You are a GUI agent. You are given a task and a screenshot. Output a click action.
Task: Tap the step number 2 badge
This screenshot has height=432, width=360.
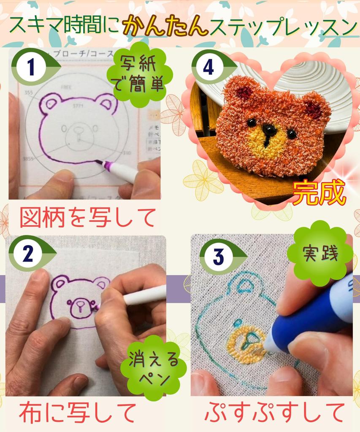[x=27, y=254]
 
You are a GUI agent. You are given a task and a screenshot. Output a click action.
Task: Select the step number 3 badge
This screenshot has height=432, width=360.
[x=218, y=257]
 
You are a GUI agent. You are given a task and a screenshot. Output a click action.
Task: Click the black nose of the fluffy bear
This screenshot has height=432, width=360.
[x=268, y=129]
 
